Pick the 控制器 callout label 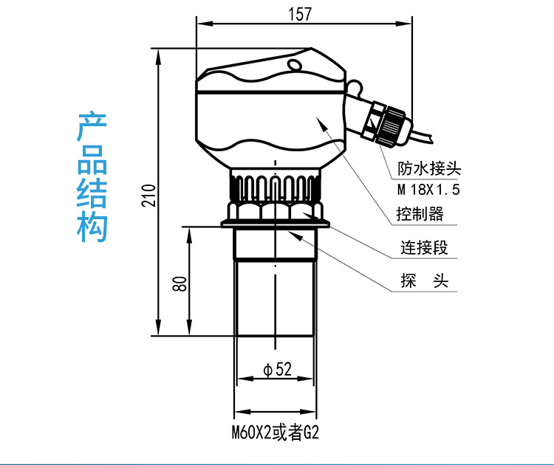pos(419,215)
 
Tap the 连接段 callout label pos(424,248)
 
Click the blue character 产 pos(92,128)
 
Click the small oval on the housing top pos(295,65)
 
